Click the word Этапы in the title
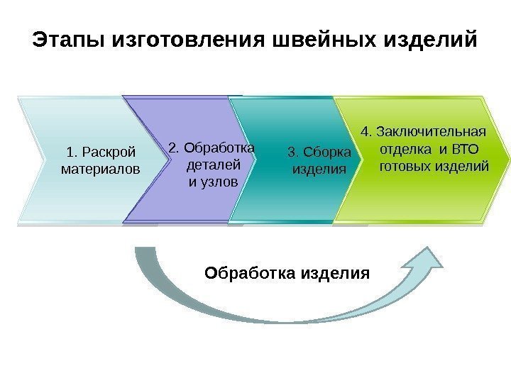tap(69, 38)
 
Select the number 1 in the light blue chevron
tap(69, 151)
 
